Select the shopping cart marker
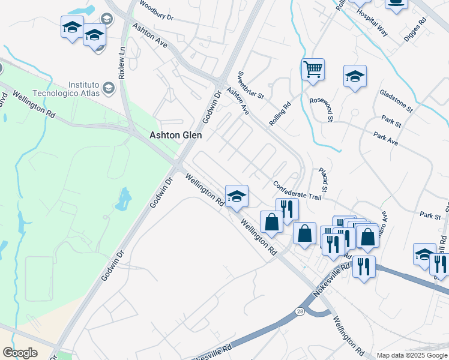313,70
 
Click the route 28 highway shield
300,311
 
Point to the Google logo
20,353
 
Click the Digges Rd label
415,28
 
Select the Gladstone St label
396,101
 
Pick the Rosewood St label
322,107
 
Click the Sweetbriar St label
251,86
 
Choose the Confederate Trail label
297,190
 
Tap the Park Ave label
386,139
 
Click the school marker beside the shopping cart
355,76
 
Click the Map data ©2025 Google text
412,355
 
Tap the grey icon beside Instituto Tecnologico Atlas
108,88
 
